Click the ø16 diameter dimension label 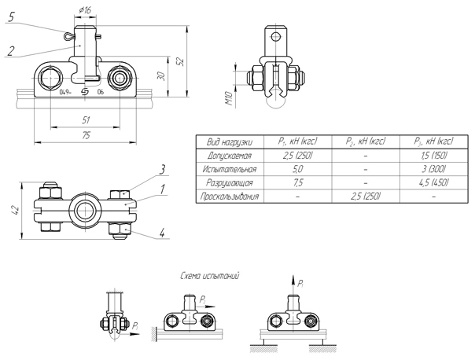point(86,9)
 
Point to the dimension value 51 point(85,119)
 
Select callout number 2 point(11,51)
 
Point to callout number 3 point(160,169)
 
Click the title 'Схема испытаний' point(209,277)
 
